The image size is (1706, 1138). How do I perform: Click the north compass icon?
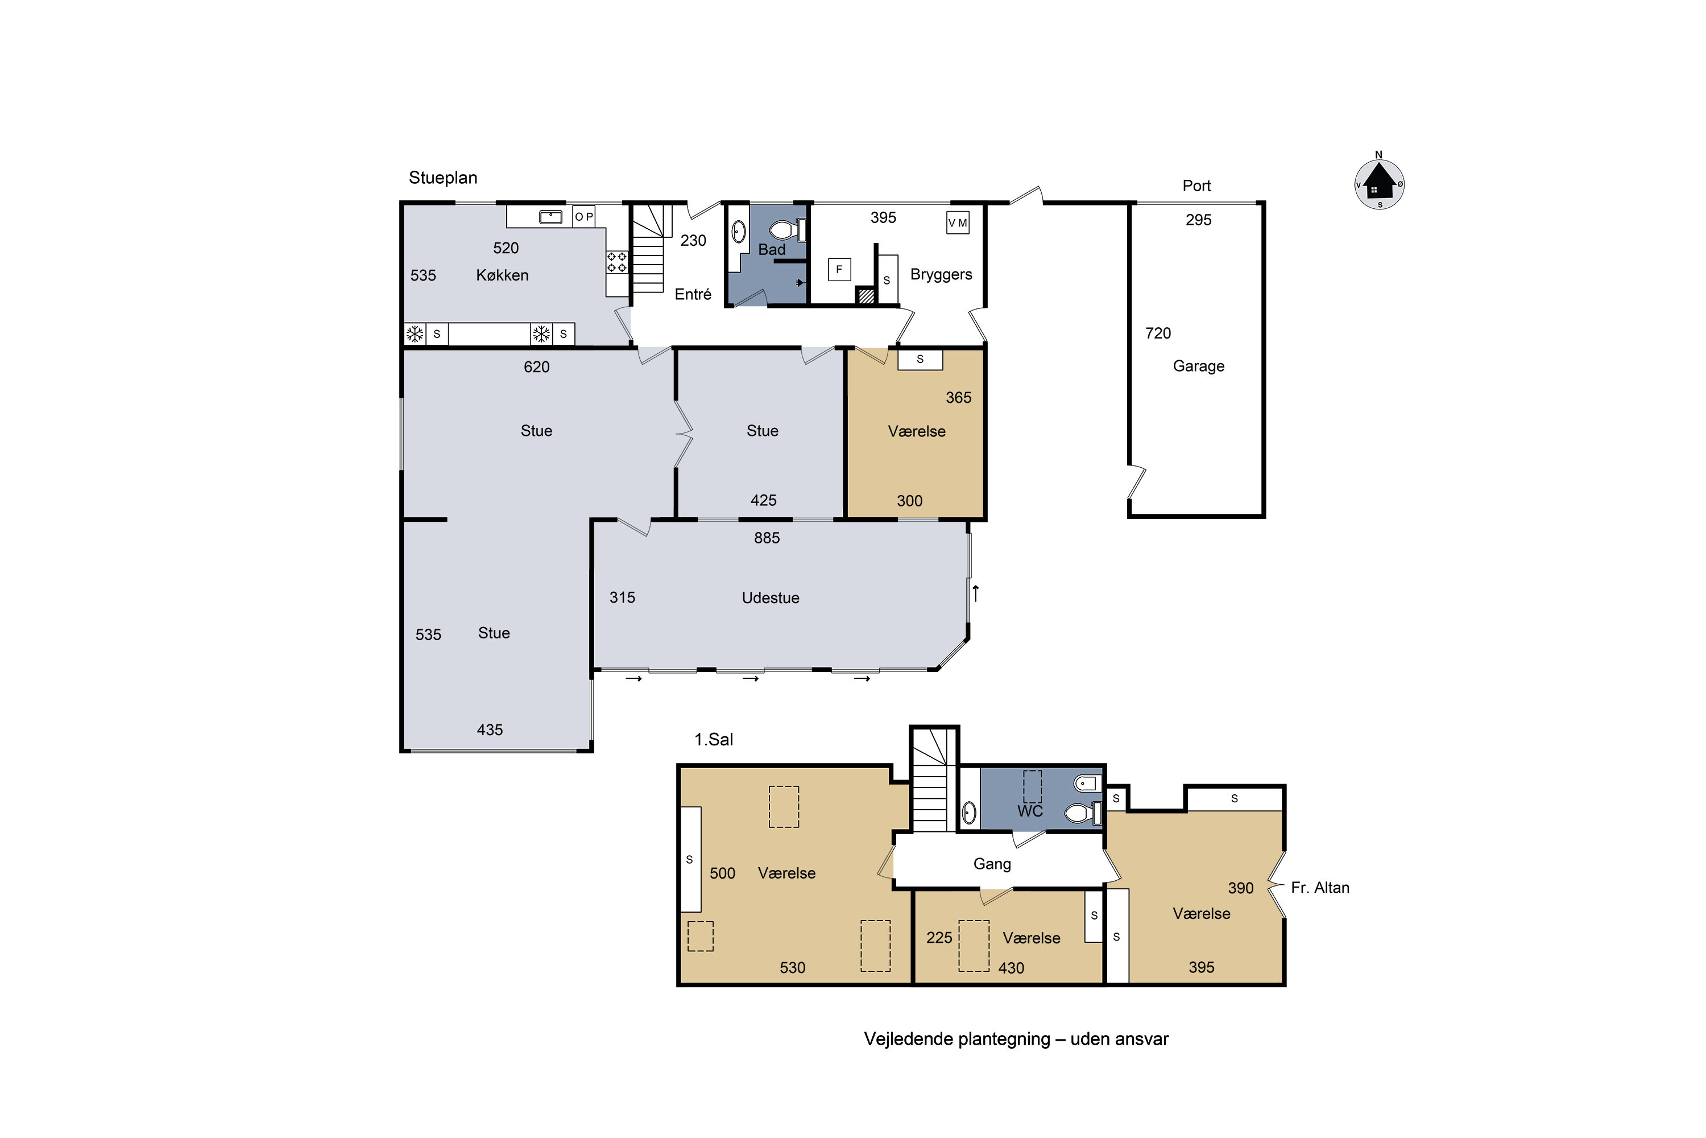click(x=1379, y=183)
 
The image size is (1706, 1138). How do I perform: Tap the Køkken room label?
click(x=502, y=275)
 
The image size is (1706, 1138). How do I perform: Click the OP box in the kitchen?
click(x=584, y=216)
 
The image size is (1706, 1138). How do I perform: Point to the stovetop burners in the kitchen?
click(x=616, y=262)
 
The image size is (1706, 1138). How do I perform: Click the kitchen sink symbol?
click(x=550, y=216)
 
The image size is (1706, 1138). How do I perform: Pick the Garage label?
click(x=1198, y=366)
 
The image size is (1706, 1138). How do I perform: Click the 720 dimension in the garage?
click(x=1158, y=333)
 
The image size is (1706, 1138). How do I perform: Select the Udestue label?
click(x=771, y=598)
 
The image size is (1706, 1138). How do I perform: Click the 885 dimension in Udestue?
click(x=767, y=538)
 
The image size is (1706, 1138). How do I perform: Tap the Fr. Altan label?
click(x=1320, y=888)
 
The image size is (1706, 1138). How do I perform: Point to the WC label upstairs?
click(x=1030, y=811)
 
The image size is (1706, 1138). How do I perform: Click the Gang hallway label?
click(x=992, y=864)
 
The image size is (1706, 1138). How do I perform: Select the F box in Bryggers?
click(x=839, y=269)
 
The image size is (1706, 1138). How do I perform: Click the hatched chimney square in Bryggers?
click(x=866, y=295)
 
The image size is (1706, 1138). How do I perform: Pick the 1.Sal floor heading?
click(x=714, y=740)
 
